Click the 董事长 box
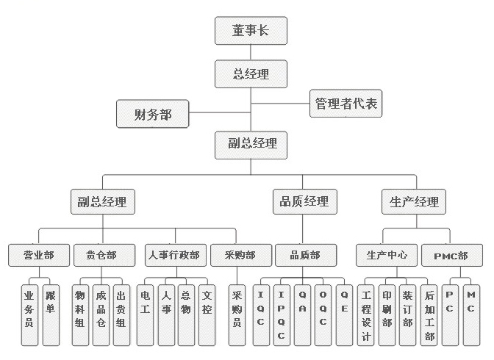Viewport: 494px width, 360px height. pos(251,31)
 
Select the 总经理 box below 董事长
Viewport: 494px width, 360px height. pos(251,74)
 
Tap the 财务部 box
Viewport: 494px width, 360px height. pos(152,114)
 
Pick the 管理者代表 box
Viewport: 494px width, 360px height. pos(346,104)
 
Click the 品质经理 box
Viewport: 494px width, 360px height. pos(304,201)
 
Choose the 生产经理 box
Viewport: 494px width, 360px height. pos(414,201)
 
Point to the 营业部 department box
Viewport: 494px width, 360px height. pos(39,255)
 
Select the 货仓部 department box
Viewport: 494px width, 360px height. pos(104,255)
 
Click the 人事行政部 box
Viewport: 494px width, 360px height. pos(176,255)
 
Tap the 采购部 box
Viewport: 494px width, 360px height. pos(241,255)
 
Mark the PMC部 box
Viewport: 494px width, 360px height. pos(452,255)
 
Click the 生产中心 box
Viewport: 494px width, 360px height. pos(387,255)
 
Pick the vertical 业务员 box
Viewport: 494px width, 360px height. pos(29,315)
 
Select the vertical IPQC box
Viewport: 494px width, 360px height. pos(282,315)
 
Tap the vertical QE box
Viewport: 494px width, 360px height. pos(344,315)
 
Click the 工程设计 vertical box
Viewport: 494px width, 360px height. pos(366,315)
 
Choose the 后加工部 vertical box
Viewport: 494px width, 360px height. pos(429,315)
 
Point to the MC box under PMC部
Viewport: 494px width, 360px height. pos(471,315)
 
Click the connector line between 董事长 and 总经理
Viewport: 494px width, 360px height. pos(251,52)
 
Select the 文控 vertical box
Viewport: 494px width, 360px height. pos(207,315)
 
